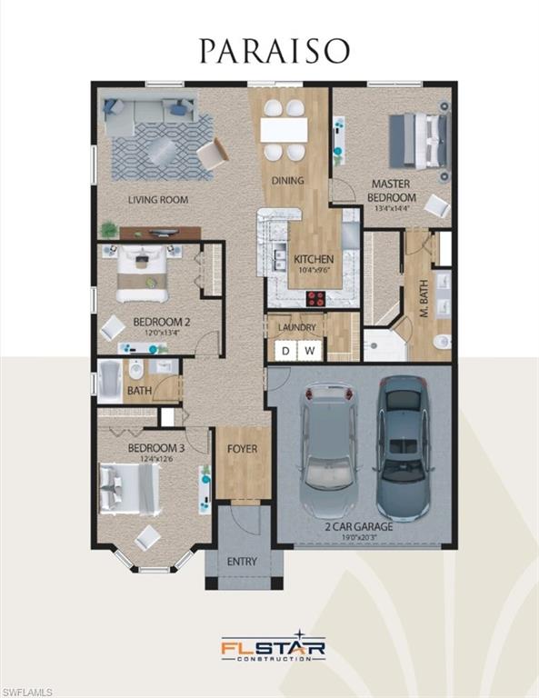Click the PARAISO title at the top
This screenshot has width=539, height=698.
pos(274,51)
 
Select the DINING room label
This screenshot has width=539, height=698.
pos(287,181)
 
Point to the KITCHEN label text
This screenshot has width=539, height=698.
pos(314,260)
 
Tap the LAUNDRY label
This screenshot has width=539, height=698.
pos(297,327)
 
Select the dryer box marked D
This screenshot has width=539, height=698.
pos(285,350)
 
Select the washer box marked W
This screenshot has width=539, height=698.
pos(309,350)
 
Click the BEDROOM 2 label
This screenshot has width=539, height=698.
pos(161,321)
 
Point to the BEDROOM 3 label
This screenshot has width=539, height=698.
pos(155,449)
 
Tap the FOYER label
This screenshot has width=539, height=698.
pos(242,449)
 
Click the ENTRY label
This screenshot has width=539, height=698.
pos(242,562)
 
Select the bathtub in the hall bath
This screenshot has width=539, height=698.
pos(110,379)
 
